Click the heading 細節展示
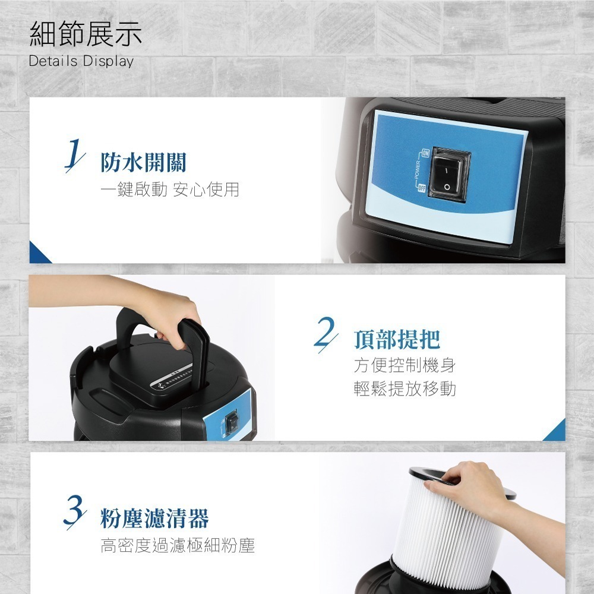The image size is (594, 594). pos(86,34)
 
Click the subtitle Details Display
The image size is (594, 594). pos(81,61)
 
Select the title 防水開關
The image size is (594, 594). pos(143,162)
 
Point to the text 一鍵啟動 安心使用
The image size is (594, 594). pos(169,190)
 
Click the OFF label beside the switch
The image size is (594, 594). pos(422,188)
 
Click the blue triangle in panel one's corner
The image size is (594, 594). pos(38,254)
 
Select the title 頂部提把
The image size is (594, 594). pos(397,339)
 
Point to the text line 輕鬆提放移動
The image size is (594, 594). pos(405,389)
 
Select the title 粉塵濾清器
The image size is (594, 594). pos(154,519)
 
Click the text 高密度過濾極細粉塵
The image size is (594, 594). pos(177,545)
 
